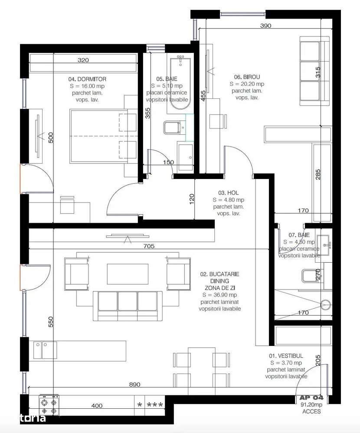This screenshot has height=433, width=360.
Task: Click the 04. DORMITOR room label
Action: coord(87,79)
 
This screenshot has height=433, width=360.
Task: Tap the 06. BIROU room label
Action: coord(247,77)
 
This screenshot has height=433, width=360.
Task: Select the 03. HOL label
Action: coord(229,193)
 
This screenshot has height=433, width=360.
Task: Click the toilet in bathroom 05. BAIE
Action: coord(170,128)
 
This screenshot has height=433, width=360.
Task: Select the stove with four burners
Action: coord(49,405)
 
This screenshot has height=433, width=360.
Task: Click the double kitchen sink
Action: coord(45,350)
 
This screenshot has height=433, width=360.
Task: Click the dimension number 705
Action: coord(149,246)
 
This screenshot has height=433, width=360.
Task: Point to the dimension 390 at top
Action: coord(265,26)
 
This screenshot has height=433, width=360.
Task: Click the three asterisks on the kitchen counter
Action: coord(155,405)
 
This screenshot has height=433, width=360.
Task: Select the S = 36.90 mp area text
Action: coord(219,295)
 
